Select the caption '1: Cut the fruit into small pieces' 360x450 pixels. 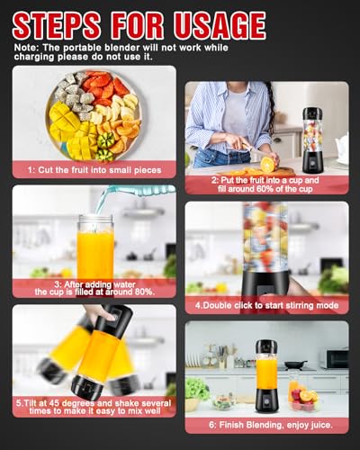click(x=93, y=169)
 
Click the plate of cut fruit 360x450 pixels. click(x=92, y=115)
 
